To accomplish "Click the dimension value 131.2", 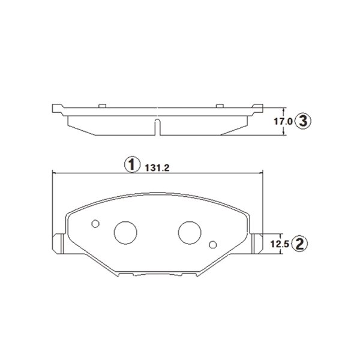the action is point(157,168).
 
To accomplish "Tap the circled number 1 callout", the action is point(132,164).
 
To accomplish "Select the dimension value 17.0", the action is point(283,121).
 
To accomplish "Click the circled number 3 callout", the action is point(303,121).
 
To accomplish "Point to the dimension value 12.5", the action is point(280,244).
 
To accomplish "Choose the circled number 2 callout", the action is point(299,244).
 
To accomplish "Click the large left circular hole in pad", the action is point(125,233).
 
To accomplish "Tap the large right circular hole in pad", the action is point(190,233).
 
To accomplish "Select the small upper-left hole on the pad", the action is point(95,224).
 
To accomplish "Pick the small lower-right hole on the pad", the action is point(213,245).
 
